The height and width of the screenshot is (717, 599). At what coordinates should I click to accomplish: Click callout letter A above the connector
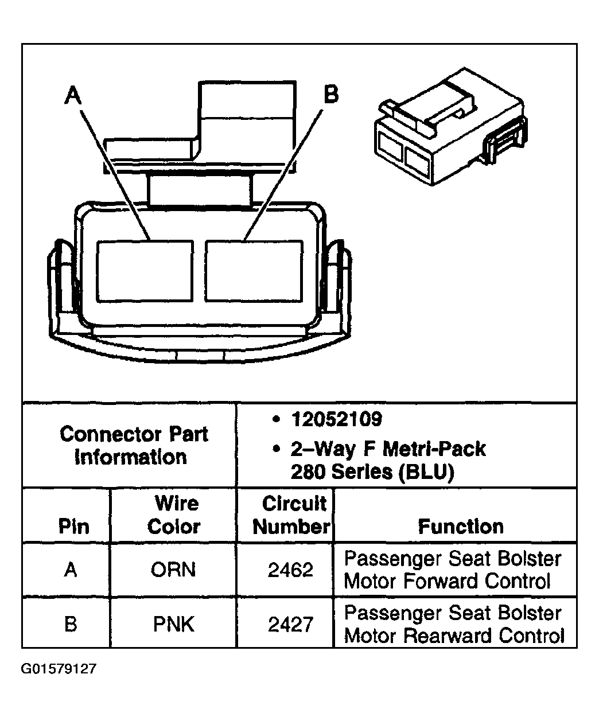(73, 95)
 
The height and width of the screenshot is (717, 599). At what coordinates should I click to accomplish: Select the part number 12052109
(336, 419)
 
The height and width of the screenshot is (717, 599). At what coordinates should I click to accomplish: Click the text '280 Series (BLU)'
(372, 471)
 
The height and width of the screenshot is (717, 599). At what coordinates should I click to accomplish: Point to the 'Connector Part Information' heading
(133, 445)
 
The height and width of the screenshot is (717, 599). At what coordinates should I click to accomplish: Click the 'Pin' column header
(74, 527)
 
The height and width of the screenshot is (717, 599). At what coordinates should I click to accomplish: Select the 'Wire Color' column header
(174, 515)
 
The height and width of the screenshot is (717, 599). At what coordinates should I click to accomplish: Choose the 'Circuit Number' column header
(293, 515)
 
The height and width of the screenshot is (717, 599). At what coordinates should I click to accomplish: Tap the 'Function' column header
(461, 526)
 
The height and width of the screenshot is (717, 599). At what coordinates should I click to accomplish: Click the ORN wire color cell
(173, 570)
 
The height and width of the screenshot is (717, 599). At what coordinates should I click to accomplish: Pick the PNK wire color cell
(174, 624)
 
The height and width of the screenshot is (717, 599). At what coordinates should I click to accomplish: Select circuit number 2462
(291, 570)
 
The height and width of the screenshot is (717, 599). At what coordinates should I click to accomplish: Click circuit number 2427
(291, 624)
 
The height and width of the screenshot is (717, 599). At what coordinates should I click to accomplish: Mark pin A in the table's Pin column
(70, 570)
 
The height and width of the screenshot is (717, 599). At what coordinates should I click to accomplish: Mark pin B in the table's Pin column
(70, 624)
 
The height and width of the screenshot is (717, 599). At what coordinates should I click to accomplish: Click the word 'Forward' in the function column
(442, 581)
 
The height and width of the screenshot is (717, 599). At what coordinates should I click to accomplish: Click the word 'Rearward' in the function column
(448, 636)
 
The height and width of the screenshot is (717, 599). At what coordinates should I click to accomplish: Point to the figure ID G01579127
(59, 669)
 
